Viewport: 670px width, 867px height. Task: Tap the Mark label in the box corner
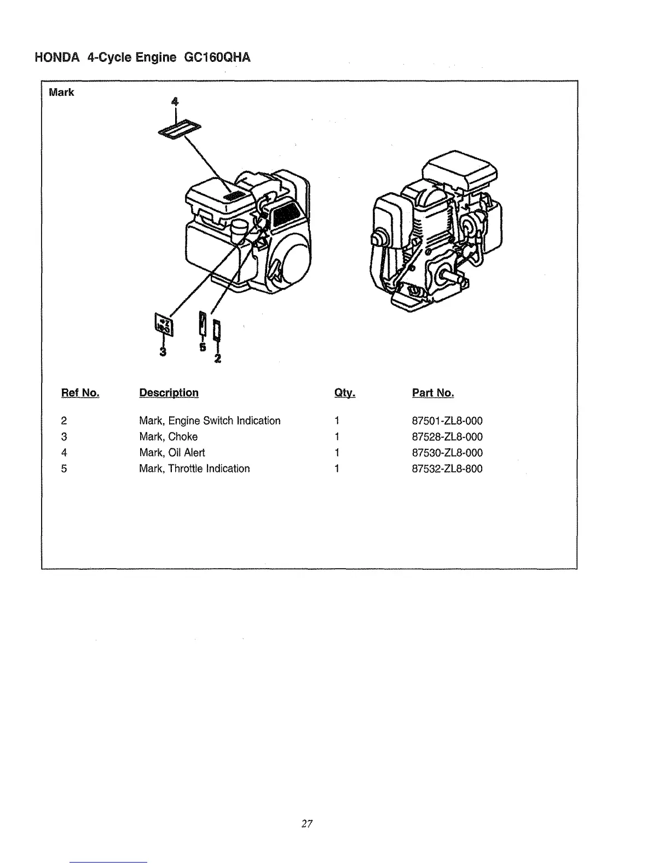point(61,93)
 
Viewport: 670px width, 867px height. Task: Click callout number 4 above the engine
point(175,101)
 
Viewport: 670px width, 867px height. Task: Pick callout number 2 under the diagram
point(218,359)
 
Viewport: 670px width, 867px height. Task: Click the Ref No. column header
point(80,393)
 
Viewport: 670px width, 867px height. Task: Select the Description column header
point(169,393)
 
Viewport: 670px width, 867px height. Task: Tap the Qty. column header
point(345,393)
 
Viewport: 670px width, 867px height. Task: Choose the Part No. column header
point(432,393)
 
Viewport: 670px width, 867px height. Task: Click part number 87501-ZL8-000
point(447,421)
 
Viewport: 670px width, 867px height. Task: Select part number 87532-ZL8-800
point(447,469)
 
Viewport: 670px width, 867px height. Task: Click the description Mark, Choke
point(168,437)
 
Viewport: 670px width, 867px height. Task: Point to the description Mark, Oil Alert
point(172,453)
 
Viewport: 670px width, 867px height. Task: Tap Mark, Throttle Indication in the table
point(194,469)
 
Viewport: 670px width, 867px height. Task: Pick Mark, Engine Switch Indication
point(210,421)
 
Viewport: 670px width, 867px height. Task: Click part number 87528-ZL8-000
point(447,437)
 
